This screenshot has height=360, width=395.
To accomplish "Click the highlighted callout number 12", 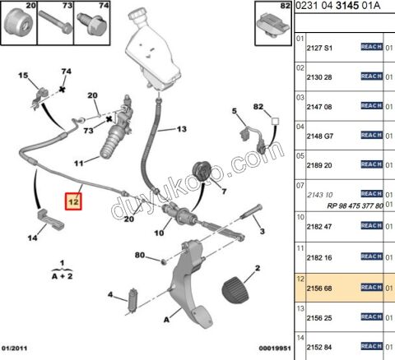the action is [x=73, y=201].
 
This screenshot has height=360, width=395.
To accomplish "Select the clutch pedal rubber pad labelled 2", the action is [x=235, y=290].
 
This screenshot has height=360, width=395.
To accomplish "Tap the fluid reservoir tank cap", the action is [x=137, y=14].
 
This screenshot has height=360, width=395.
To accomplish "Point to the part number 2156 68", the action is [x=319, y=288].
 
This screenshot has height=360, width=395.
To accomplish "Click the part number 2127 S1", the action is [x=319, y=48].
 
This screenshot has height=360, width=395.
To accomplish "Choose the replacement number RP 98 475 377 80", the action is [x=355, y=205].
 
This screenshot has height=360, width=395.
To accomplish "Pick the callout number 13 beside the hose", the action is [x=181, y=129].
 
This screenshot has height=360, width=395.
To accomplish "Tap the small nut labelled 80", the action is [x=164, y=261].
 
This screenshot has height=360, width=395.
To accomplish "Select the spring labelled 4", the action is [x=132, y=300].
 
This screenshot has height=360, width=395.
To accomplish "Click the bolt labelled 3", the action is [x=251, y=212].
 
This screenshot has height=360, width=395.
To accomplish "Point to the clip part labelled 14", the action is [x=50, y=219].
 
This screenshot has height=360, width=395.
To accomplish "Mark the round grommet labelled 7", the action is [x=202, y=171].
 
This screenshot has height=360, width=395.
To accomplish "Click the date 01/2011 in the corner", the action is [x=14, y=348].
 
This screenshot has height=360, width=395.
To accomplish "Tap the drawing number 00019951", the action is [x=275, y=348].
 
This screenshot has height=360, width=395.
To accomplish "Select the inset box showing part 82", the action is [x=273, y=23].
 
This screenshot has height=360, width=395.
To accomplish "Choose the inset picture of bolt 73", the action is [x=55, y=23].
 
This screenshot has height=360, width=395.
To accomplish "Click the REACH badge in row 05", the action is [x=372, y=164].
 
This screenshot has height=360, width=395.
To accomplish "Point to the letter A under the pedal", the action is [x=166, y=320].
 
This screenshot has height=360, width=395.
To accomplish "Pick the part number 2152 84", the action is [x=319, y=348].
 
